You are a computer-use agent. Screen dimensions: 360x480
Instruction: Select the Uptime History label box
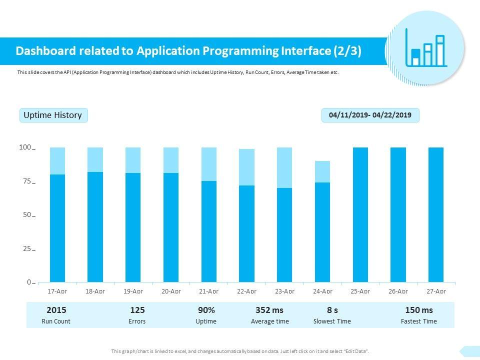(53, 115)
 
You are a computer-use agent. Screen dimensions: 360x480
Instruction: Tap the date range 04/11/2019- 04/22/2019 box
(370, 115)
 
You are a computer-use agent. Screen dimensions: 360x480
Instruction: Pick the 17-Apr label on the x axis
(57, 291)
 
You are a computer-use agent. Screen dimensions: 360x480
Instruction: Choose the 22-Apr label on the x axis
(246, 291)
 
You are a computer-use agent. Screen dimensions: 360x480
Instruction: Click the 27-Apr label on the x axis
(435, 291)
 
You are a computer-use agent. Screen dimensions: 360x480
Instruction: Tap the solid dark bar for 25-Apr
(360, 215)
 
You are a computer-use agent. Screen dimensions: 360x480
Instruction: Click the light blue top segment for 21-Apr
(209, 164)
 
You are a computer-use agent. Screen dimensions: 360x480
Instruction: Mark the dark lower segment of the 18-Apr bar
(95, 227)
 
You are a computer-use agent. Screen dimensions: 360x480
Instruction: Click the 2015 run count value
(56, 310)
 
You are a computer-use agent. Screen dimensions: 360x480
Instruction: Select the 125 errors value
(137, 310)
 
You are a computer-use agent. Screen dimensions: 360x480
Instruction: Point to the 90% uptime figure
(206, 310)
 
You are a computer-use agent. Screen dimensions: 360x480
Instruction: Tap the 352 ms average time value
(269, 310)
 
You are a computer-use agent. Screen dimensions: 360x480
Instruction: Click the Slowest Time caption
(332, 321)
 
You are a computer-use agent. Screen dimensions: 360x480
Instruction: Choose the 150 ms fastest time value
(419, 310)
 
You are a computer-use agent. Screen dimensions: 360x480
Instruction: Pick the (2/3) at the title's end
(346, 51)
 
